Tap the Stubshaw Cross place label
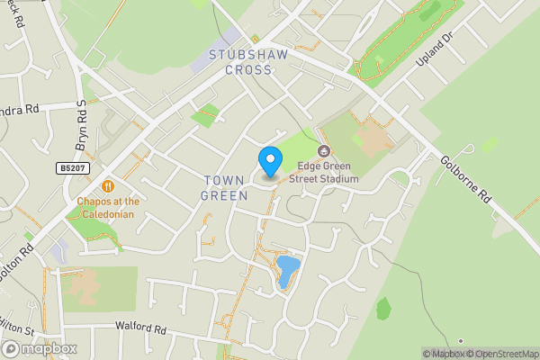(x=242, y=62)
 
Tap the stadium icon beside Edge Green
(x=324, y=151)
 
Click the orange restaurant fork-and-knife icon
(x=108, y=186)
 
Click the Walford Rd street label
(x=140, y=329)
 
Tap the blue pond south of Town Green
(x=287, y=270)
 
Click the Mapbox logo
(x=40, y=348)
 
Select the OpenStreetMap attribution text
(x=499, y=354)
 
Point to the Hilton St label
(x=13, y=321)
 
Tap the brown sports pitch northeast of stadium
(x=370, y=137)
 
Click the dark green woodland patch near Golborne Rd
(x=383, y=309)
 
